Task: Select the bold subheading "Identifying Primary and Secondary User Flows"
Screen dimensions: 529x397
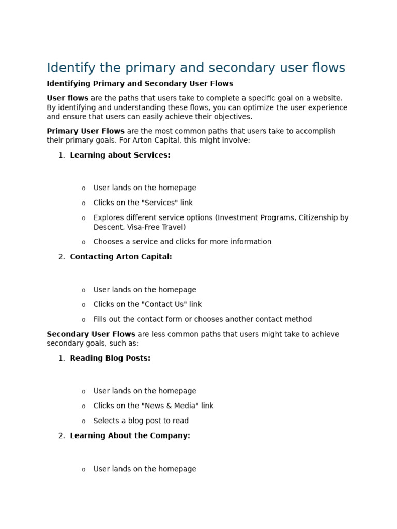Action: (140, 84)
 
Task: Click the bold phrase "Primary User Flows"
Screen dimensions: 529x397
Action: (85, 131)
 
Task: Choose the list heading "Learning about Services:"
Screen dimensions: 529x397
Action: (120, 155)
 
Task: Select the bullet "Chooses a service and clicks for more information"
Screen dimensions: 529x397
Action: (182, 242)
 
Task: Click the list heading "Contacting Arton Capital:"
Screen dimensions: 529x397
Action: (121, 257)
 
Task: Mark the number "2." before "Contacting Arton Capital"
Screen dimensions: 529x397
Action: (62, 257)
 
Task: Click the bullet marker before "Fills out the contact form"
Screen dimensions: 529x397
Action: (83, 320)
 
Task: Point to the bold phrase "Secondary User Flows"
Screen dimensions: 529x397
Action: (90, 334)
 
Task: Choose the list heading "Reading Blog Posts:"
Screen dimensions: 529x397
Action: (110, 358)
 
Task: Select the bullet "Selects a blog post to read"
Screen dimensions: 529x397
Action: (141, 421)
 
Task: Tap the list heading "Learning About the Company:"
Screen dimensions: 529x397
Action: (130, 435)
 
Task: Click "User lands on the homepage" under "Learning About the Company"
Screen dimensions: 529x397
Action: (145, 469)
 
